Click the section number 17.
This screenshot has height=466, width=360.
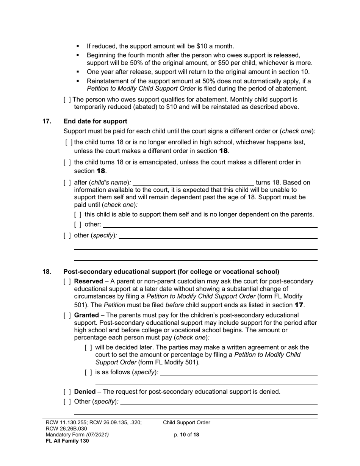47,121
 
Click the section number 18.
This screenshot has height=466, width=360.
47,272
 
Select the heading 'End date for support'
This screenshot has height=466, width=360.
95,121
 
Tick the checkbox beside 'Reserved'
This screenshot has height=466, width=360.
67,281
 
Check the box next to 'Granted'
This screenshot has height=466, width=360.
67,316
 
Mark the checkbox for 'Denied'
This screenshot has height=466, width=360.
67,392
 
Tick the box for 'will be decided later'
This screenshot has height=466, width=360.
88,348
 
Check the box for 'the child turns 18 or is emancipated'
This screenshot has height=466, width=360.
67,163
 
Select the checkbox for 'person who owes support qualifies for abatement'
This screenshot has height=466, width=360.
67,100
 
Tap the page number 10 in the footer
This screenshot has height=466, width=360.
183,435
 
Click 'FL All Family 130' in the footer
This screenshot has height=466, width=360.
67,441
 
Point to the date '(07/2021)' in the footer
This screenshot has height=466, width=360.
98,435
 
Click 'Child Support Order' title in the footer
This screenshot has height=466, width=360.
186,423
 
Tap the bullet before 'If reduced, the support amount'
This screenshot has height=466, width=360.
78,46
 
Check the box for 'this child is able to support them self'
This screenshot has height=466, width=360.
78,215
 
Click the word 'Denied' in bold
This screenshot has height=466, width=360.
85,392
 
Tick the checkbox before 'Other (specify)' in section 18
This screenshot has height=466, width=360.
67,402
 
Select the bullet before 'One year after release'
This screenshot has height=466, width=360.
78,72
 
